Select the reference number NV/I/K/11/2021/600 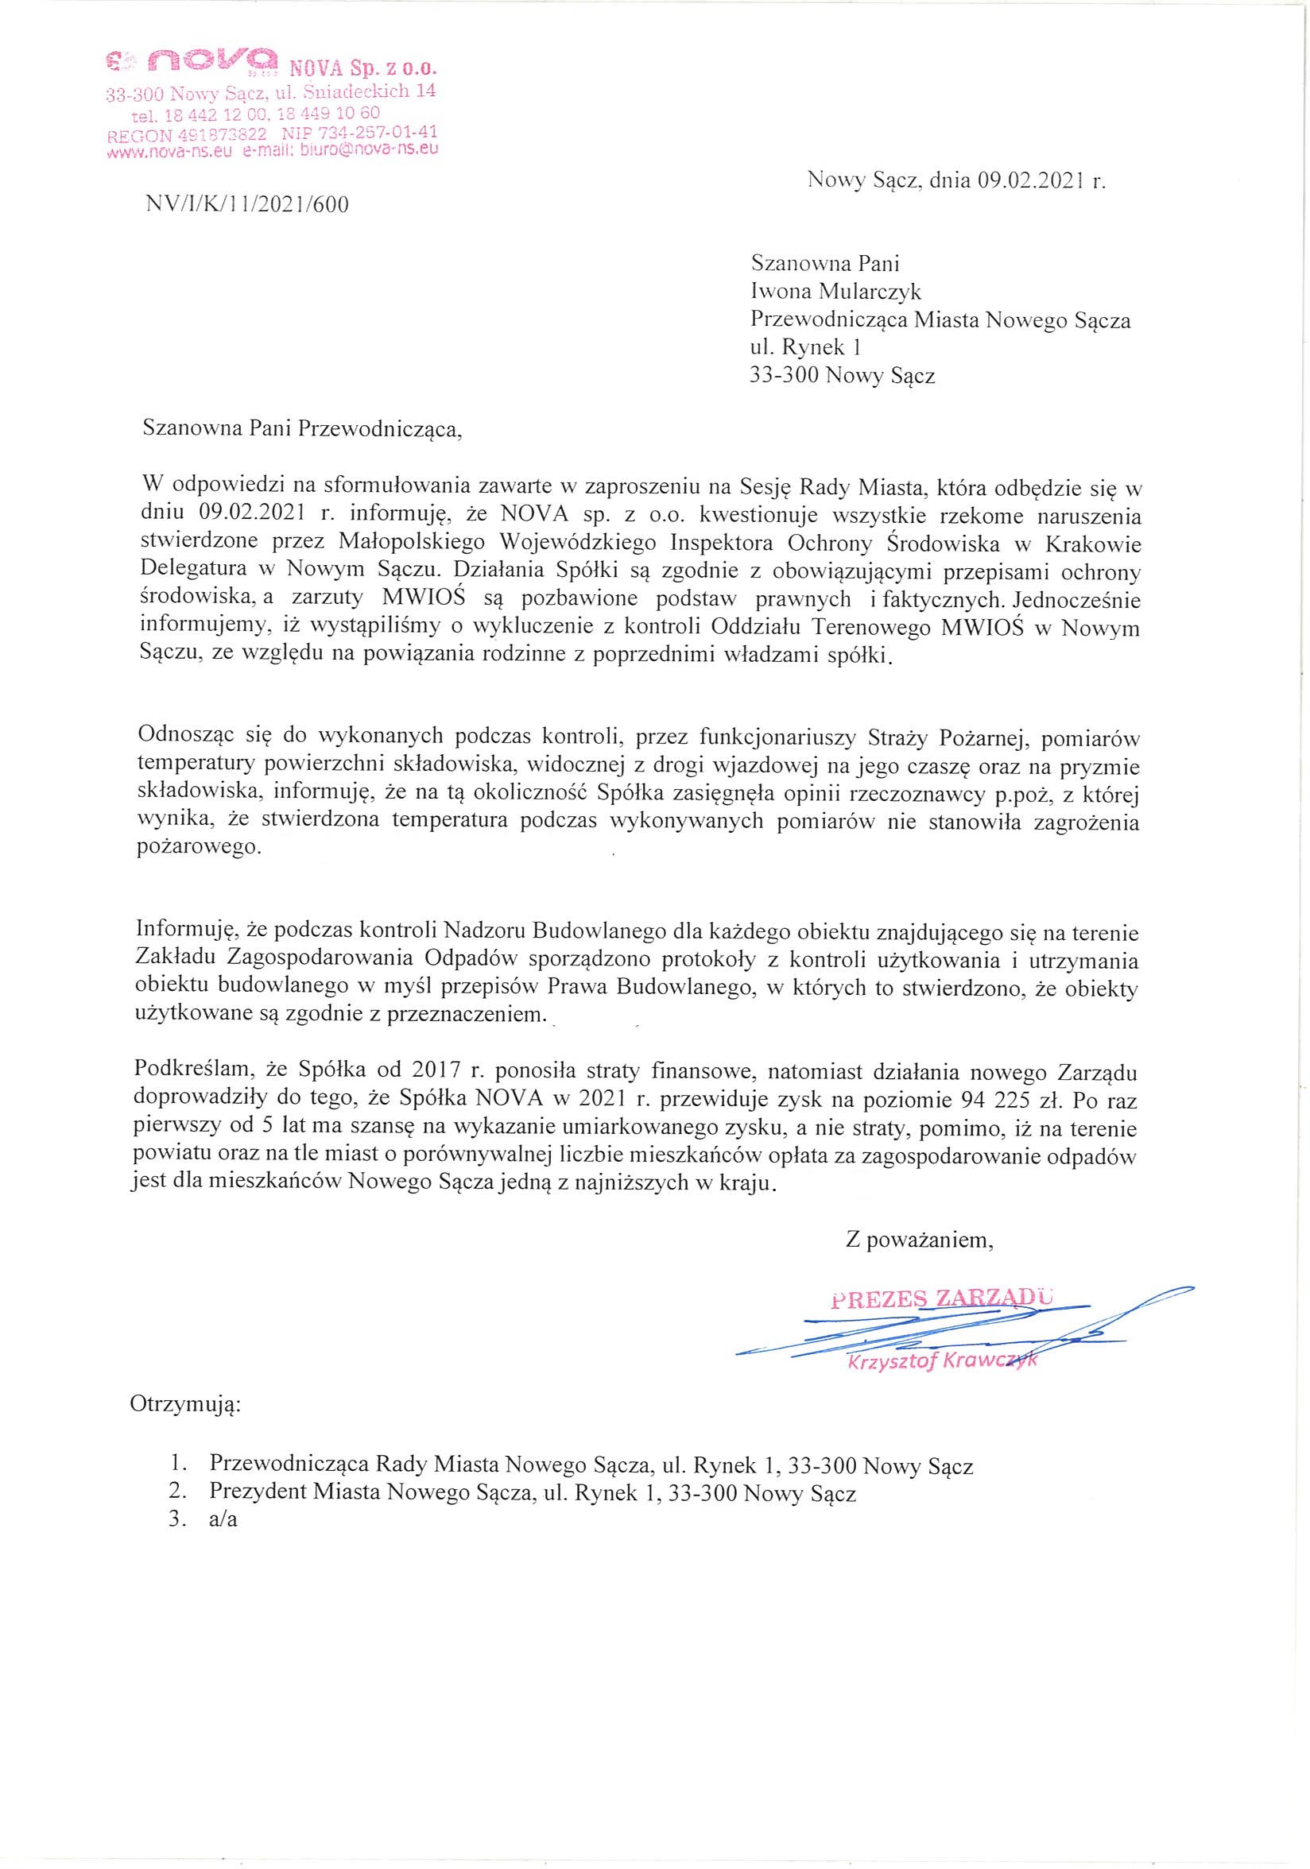pos(246,205)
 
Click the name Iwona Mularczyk pos(835,292)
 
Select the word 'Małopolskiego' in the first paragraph pos(417,542)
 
